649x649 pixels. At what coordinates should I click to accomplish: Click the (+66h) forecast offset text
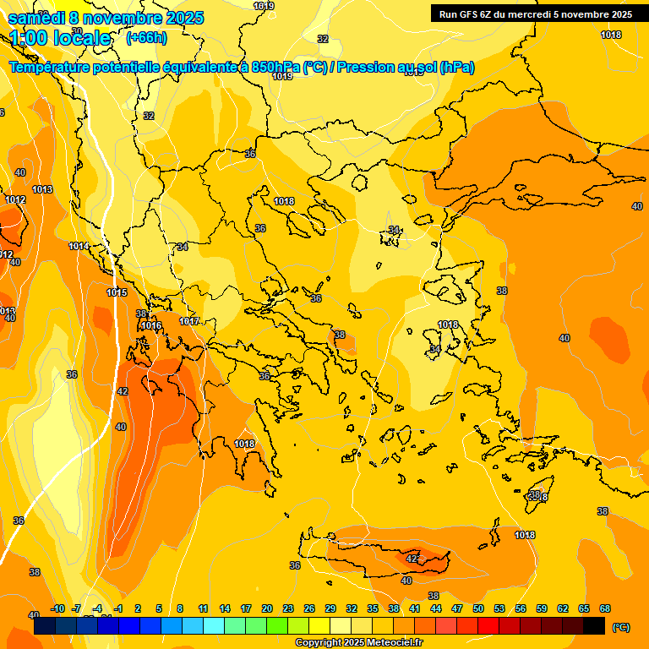pyautogui.click(x=147, y=38)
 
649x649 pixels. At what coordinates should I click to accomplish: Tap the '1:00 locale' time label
pyautogui.click(x=60, y=38)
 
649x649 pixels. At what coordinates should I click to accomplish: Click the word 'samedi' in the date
pyautogui.click(x=36, y=18)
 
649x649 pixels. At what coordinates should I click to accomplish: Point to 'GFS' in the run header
pyautogui.click(x=467, y=14)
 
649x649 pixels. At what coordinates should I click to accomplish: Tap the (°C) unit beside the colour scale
pyautogui.click(x=620, y=627)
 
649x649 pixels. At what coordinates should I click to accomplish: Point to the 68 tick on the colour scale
pyautogui.click(x=605, y=608)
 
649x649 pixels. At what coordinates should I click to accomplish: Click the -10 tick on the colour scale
pyautogui.click(x=57, y=608)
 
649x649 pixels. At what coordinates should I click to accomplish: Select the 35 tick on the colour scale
pyautogui.click(x=373, y=608)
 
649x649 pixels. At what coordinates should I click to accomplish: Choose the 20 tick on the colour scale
pyautogui.click(x=267, y=608)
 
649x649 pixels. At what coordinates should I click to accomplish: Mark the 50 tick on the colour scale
pyautogui.click(x=478, y=608)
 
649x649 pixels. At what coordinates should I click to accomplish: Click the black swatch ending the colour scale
pyautogui.click(x=594, y=626)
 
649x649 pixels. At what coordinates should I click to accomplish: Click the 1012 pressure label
pyautogui.click(x=14, y=200)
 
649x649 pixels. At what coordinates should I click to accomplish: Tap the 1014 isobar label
pyautogui.click(x=79, y=246)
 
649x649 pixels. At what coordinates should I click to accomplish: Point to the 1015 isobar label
pyautogui.click(x=117, y=293)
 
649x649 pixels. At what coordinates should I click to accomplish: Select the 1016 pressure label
pyautogui.click(x=151, y=325)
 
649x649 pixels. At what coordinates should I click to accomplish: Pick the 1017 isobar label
pyautogui.click(x=189, y=321)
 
